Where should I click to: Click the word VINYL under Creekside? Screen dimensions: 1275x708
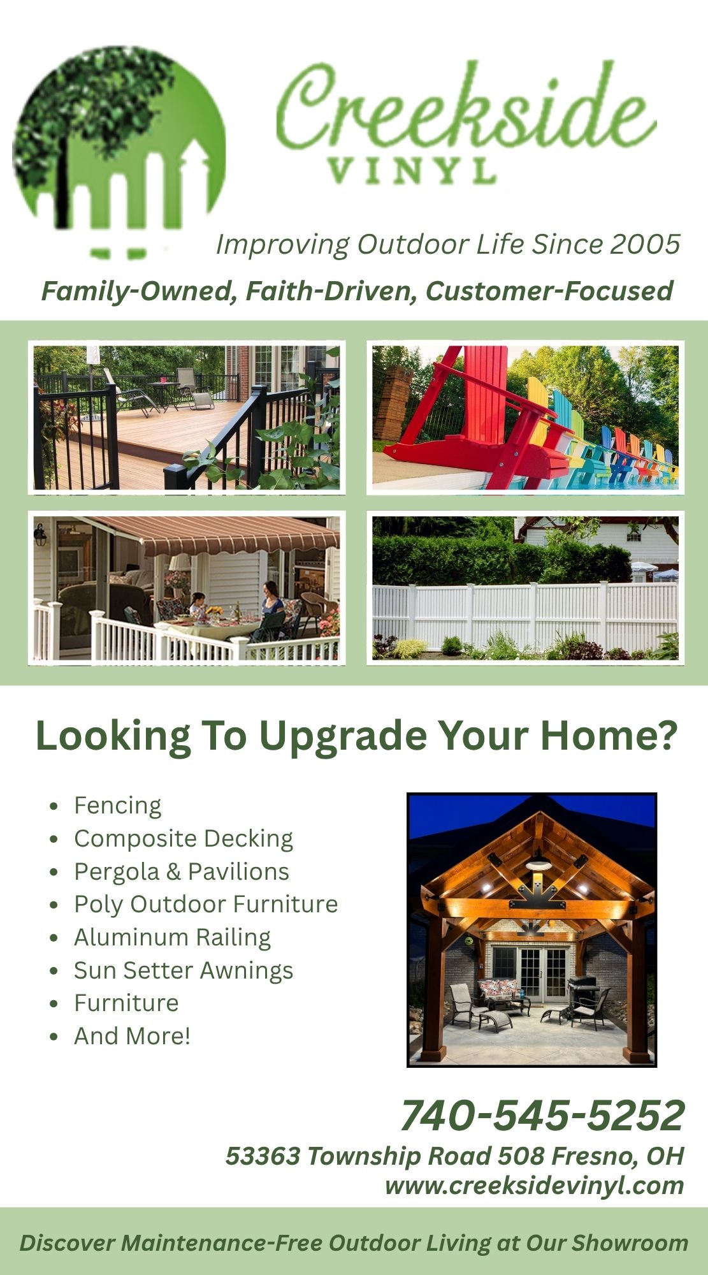pyautogui.click(x=412, y=171)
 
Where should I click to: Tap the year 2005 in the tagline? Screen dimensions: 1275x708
pyautogui.click(x=645, y=244)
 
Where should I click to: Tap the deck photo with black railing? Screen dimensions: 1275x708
pyautogui.click(x=186, y=418)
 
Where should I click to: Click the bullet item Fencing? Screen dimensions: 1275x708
pyautogui.click(x=118, y=805)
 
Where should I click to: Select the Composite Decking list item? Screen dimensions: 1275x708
pyautogui.click(x=184, y=838)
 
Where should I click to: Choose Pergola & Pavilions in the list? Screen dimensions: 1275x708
pyautogui.click(x=182, y=871)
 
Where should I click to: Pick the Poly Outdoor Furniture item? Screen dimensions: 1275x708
pyautogui.click(x=206, y=904)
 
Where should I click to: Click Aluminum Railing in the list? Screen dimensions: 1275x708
pyautogui.click(x=172, y=937)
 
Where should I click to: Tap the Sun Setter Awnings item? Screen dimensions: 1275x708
pyautogui.click(x=184, y=970)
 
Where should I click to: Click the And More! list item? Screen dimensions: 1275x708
pyautogui.click(x=133, y=1036)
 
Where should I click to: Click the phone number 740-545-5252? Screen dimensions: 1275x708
pyautogui.click(x=542, y=1115)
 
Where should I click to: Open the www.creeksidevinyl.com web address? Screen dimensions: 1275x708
pyautogui.click(x=534, y=1186)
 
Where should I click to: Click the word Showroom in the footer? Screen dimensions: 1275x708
pyautogui.click(x=630, y=1242)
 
